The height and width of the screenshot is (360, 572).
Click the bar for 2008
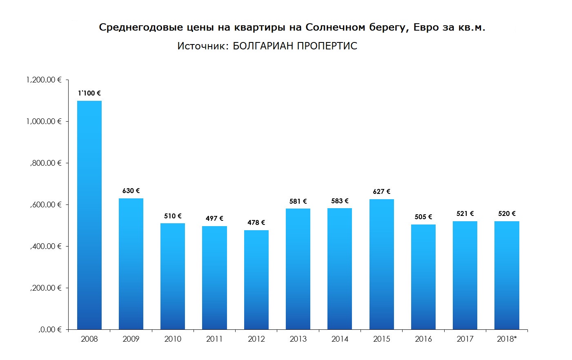tap(89, 215)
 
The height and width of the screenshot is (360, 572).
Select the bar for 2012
tap(256, 280)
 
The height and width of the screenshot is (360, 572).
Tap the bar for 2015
tap(382, 264)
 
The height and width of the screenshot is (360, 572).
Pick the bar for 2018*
tap(507, 275)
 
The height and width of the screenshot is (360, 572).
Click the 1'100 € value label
tap(89, 93)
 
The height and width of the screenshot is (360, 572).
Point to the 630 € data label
tap(131, 191)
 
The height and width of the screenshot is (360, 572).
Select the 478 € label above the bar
tap(256, 222)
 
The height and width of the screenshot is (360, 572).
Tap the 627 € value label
tap(382, 191)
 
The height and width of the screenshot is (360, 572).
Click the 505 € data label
tap(423, 217)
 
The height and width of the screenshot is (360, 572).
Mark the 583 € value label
tap(340, 201)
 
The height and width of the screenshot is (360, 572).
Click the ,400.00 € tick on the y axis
tap(46, 246)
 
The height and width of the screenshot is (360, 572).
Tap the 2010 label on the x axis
tap(173, 339)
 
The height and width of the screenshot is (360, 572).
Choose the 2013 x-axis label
tap(298, 339)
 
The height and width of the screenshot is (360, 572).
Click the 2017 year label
tap(465, 339)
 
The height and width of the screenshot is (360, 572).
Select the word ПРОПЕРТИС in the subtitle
tap(327, 46)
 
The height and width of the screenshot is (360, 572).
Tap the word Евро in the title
tap(426, 27)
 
